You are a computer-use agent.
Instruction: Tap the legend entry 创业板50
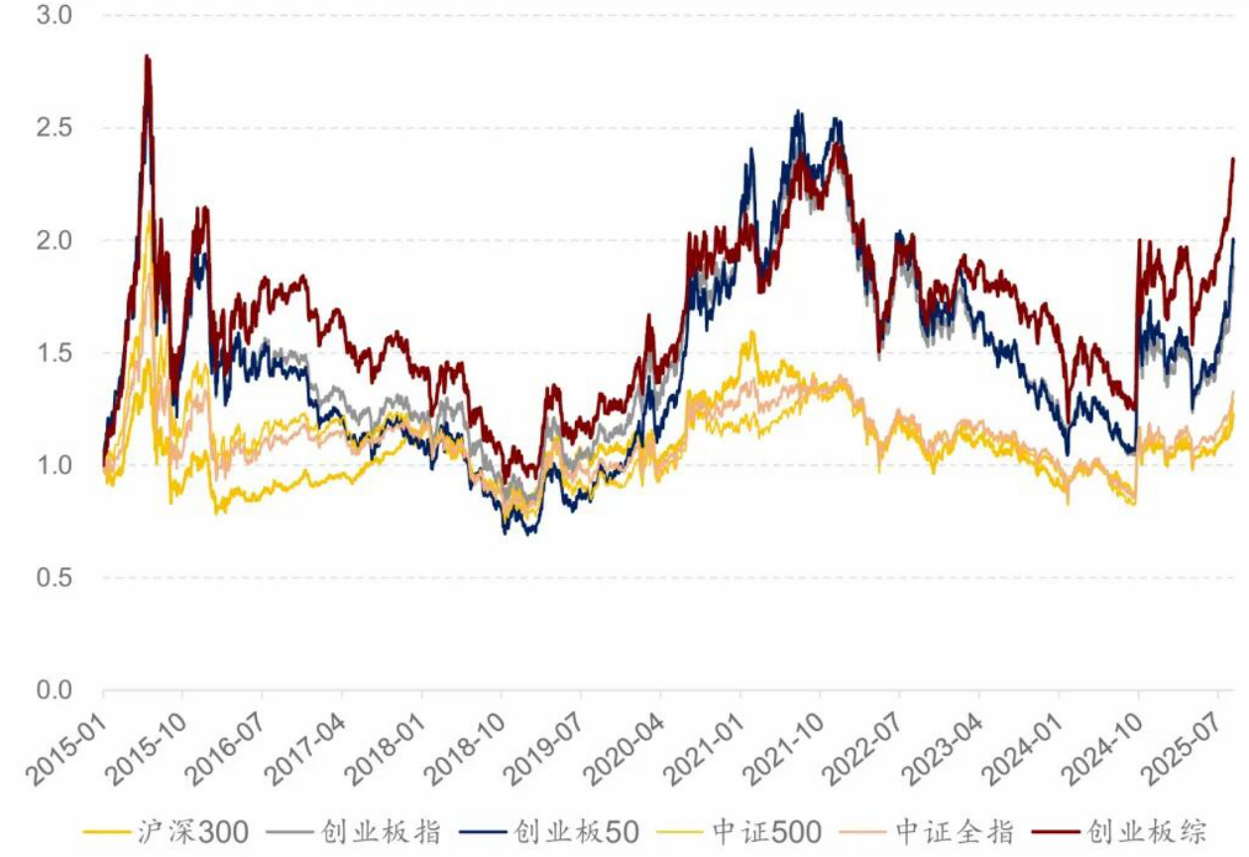(576, 831)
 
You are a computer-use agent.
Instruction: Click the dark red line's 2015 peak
(147, 57)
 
